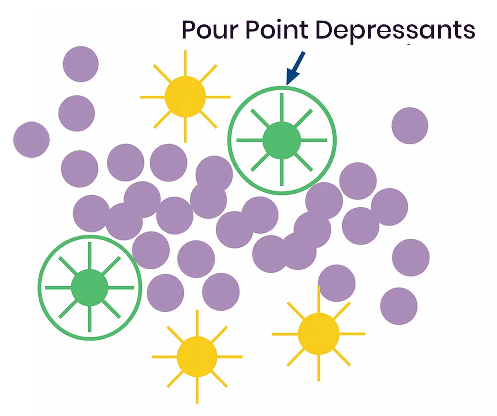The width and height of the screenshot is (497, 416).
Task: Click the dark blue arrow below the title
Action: pos(296,69)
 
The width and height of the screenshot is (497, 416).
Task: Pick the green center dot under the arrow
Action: pos(282,140)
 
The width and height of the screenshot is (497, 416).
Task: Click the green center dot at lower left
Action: pos(89,287)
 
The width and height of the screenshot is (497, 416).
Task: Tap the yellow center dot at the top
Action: pos(185,97)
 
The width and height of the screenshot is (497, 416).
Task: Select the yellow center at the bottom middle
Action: pos(197,356)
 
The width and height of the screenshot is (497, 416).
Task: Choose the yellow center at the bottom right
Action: pos(318,334)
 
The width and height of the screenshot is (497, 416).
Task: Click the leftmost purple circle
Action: pos(31,140)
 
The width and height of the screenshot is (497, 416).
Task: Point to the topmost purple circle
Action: pos(81,64)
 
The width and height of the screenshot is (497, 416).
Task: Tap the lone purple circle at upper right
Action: pos(410,126)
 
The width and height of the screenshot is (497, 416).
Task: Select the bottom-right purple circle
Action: pos(399,307)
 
